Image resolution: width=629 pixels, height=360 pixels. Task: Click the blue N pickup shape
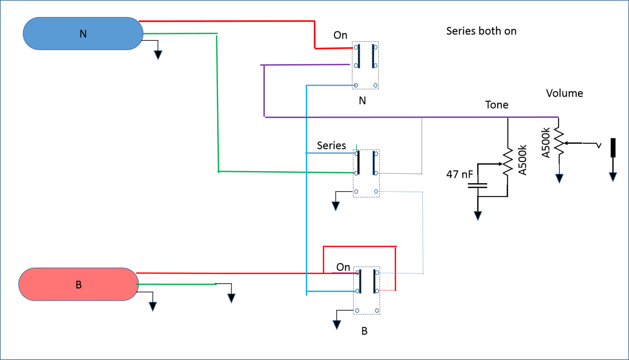[83, 34]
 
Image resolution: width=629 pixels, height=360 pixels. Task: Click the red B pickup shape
[79, 284]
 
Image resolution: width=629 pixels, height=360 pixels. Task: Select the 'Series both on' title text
[481, 31]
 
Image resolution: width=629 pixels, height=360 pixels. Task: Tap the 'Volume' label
[565, 93]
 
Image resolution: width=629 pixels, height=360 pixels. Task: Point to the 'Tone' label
[497, 105]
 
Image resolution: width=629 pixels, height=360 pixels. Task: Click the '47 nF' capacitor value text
[460, 174]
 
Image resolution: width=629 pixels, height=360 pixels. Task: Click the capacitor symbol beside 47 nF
[477, 186]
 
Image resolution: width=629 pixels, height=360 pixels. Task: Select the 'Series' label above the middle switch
[331, 145]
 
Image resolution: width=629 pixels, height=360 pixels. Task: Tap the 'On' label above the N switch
[340, 35]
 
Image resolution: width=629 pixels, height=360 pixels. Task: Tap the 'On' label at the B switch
[343, 267]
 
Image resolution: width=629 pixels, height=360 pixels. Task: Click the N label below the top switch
[362, 101]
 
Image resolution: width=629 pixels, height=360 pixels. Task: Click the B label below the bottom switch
[364, 331]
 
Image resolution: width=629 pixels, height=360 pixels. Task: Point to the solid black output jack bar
[613, 148]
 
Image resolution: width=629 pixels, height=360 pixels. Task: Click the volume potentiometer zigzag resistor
[559, 141]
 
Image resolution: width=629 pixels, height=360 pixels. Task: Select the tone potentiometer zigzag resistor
[508, 162]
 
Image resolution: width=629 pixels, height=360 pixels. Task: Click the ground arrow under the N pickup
[158, 55]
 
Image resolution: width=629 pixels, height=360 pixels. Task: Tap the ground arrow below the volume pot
[559, 178]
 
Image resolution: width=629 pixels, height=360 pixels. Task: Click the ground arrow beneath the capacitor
[478, 216]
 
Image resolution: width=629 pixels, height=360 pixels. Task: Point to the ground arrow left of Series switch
[336, 206]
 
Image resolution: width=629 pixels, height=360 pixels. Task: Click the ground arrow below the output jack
[613, 177]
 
